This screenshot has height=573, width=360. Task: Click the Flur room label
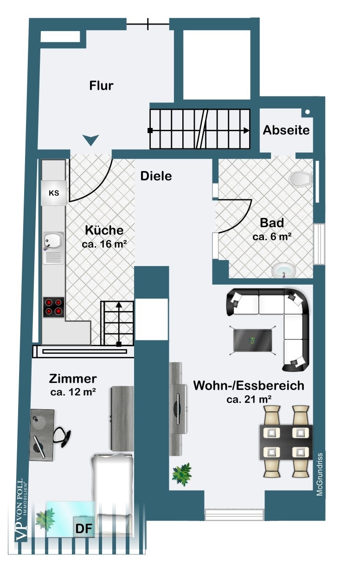[x=101, y=86]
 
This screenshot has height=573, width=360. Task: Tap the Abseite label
[x=286, y=130]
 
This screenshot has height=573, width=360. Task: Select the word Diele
[x=156, y=176]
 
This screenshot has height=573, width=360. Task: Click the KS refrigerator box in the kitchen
[x=54, y=193]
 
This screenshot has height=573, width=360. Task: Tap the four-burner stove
[x=54, y=306]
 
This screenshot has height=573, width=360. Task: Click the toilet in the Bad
[x=300, y=178]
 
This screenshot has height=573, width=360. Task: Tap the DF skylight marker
[x=84, y=528]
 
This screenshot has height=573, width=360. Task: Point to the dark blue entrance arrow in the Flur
[x=91, y=139]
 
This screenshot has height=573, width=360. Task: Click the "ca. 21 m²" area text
[x=249, y=399]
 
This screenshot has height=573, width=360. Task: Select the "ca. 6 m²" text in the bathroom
[x=272, y=236]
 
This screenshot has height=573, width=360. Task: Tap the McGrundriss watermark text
[x=320, y=474]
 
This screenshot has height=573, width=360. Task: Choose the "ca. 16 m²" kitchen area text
[x=104, y=243]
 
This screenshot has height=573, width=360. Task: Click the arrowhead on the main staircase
[x=246, y=130]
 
